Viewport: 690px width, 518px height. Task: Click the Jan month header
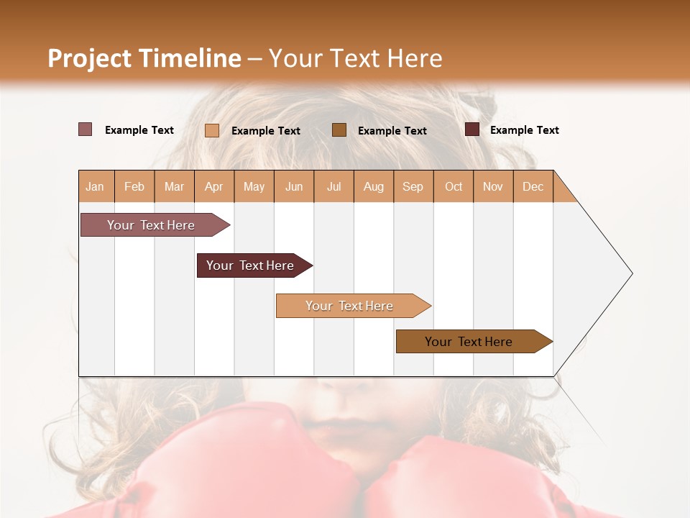tap(95, 186)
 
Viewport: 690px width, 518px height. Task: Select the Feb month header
tap(134, 186)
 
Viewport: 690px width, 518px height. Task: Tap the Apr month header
tap(213, 186)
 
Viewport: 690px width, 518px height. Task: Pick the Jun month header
tap(294, 186)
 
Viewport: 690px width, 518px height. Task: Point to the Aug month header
tap(373, 186)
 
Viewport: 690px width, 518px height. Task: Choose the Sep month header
tap(413, 186)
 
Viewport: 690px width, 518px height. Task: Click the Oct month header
tap(454, 186)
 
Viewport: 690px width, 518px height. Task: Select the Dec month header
tap(533, 186)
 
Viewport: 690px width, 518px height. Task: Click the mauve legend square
tap(85, 129)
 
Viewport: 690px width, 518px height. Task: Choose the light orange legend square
tap(211, 130)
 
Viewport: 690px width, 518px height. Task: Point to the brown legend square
tap(339, 129)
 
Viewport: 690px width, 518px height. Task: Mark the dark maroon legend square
tap(471, 129)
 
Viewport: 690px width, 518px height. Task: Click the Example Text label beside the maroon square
tap(524, 130)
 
